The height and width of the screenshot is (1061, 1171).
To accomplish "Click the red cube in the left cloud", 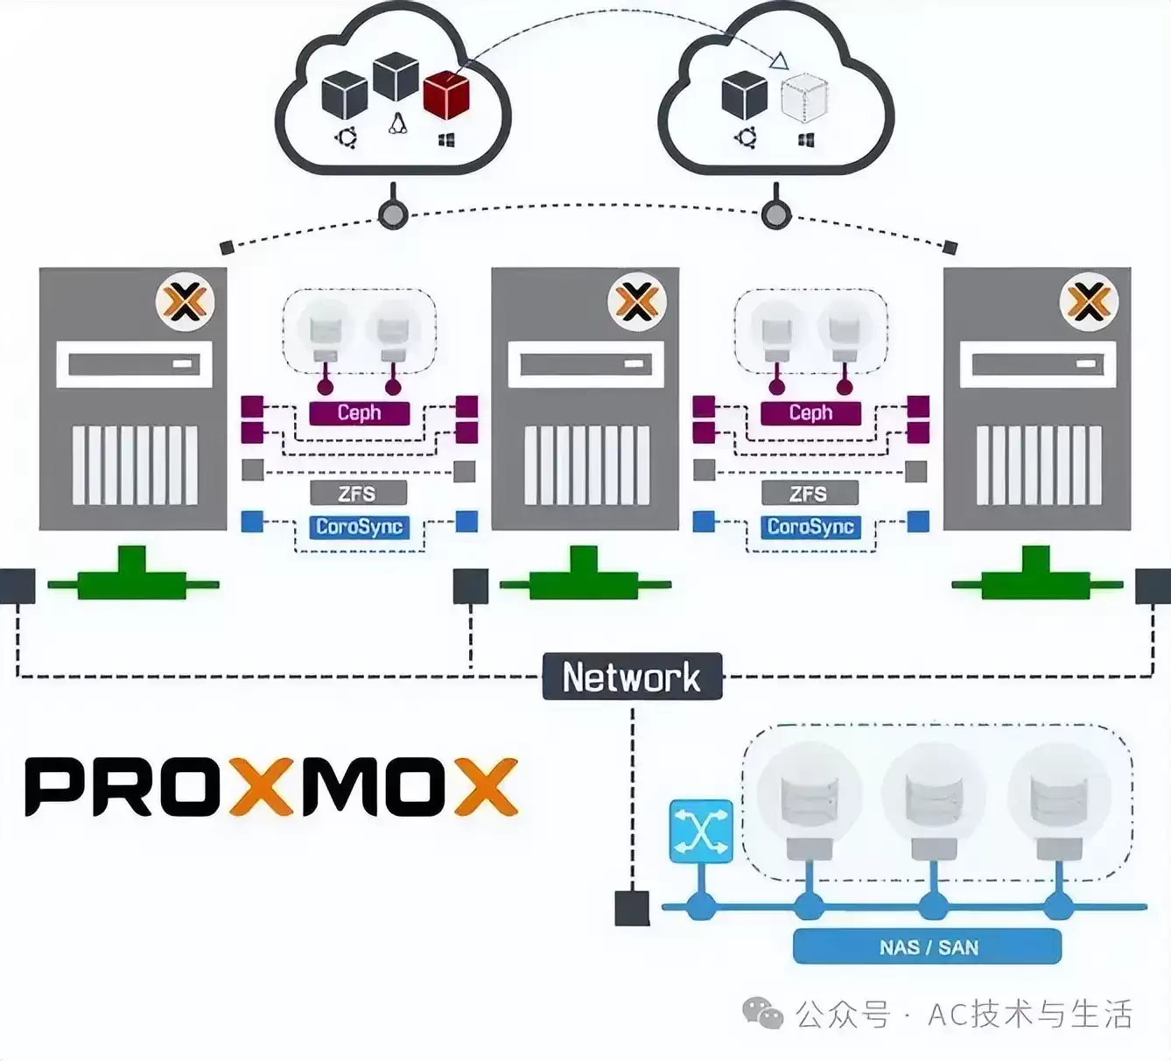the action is [x=446, y=95].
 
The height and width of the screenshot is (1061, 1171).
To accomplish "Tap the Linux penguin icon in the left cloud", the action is [x=397, y=123].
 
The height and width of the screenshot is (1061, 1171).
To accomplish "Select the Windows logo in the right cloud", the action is [x=807, y=139].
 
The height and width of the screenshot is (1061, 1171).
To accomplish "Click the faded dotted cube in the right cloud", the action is [x=804, y=97].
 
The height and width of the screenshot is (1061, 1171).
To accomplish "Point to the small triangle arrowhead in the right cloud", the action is [x=779, y=60].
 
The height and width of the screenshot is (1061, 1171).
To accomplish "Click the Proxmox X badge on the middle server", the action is [x=637, y=302].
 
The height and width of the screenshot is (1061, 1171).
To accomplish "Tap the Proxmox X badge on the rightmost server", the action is [x=1089, y=302].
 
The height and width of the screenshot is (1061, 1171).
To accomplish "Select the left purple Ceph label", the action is [x=359, y=413].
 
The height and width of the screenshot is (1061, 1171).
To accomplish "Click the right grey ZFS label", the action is [x=810, y=494].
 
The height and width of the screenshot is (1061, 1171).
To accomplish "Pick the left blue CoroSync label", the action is [x=359, y=527].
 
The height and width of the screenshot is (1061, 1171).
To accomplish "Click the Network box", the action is [x=632, y=676].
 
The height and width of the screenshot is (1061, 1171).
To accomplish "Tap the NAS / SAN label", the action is [x=927, y=946].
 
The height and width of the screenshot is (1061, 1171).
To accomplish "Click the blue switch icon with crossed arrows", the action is [x=700, y=832].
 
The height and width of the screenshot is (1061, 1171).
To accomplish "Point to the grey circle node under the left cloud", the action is [x=393, y=214].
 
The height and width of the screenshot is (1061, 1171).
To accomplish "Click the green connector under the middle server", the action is [x=585, y=573].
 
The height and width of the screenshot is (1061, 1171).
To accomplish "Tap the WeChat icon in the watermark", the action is [x=762, y=1013].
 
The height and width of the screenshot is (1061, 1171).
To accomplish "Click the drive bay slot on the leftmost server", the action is [x=134, y=364].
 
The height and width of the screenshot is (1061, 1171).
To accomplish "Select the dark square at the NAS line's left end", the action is [x=632, y=908].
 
